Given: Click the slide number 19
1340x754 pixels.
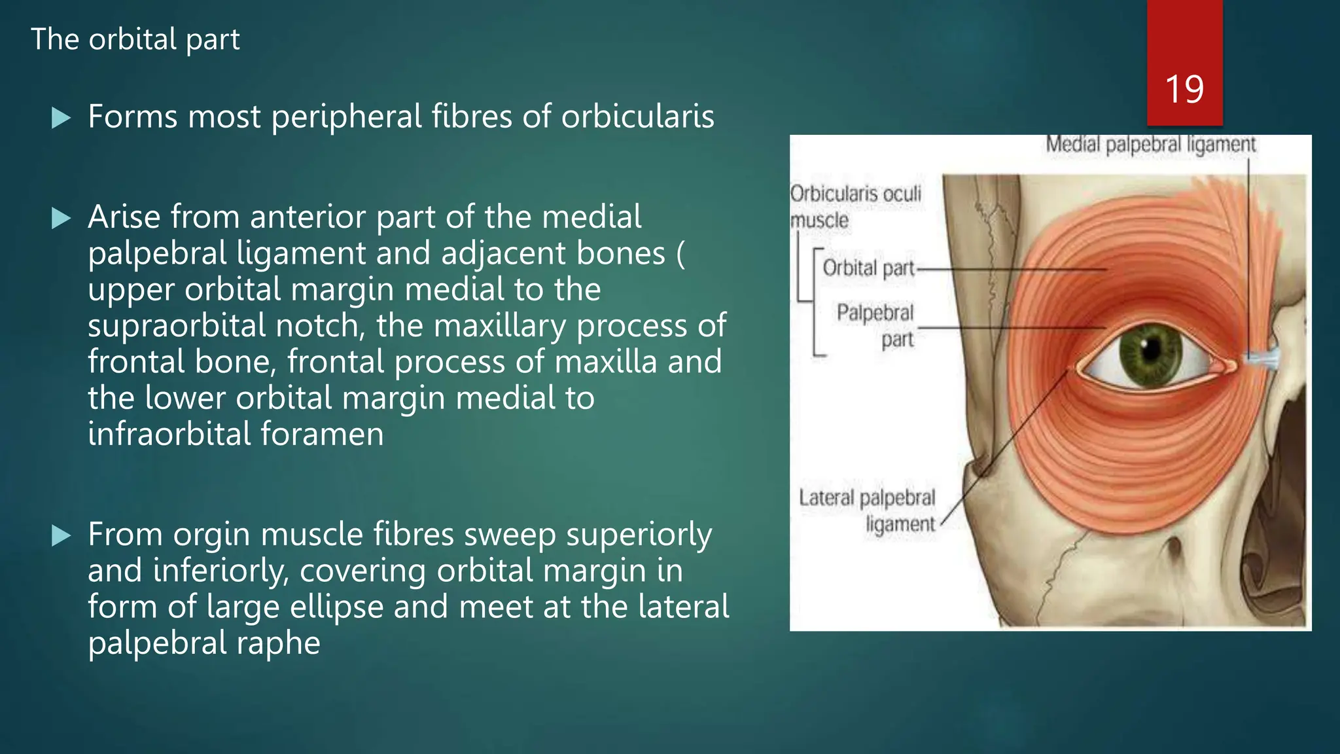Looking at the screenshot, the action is tap(1184, 89).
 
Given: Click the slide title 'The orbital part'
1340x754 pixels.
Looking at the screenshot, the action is tap(135, 39).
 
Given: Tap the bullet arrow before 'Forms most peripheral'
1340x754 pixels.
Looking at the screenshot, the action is tap(61, 118).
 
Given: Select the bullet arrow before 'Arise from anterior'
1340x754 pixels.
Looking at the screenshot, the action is tap(61, 218).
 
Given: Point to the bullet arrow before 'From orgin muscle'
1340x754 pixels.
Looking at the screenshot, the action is tap(61, 536).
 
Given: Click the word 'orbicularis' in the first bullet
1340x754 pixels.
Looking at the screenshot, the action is tap(637, 117).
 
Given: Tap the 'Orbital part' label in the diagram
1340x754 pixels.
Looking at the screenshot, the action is tap(868, 268).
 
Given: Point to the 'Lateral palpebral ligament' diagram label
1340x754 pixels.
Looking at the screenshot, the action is tap(867, 511).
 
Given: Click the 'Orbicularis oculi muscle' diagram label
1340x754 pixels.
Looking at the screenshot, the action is tap(855, 207).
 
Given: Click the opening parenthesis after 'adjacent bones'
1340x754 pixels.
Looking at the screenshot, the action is tap(680, 254).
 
